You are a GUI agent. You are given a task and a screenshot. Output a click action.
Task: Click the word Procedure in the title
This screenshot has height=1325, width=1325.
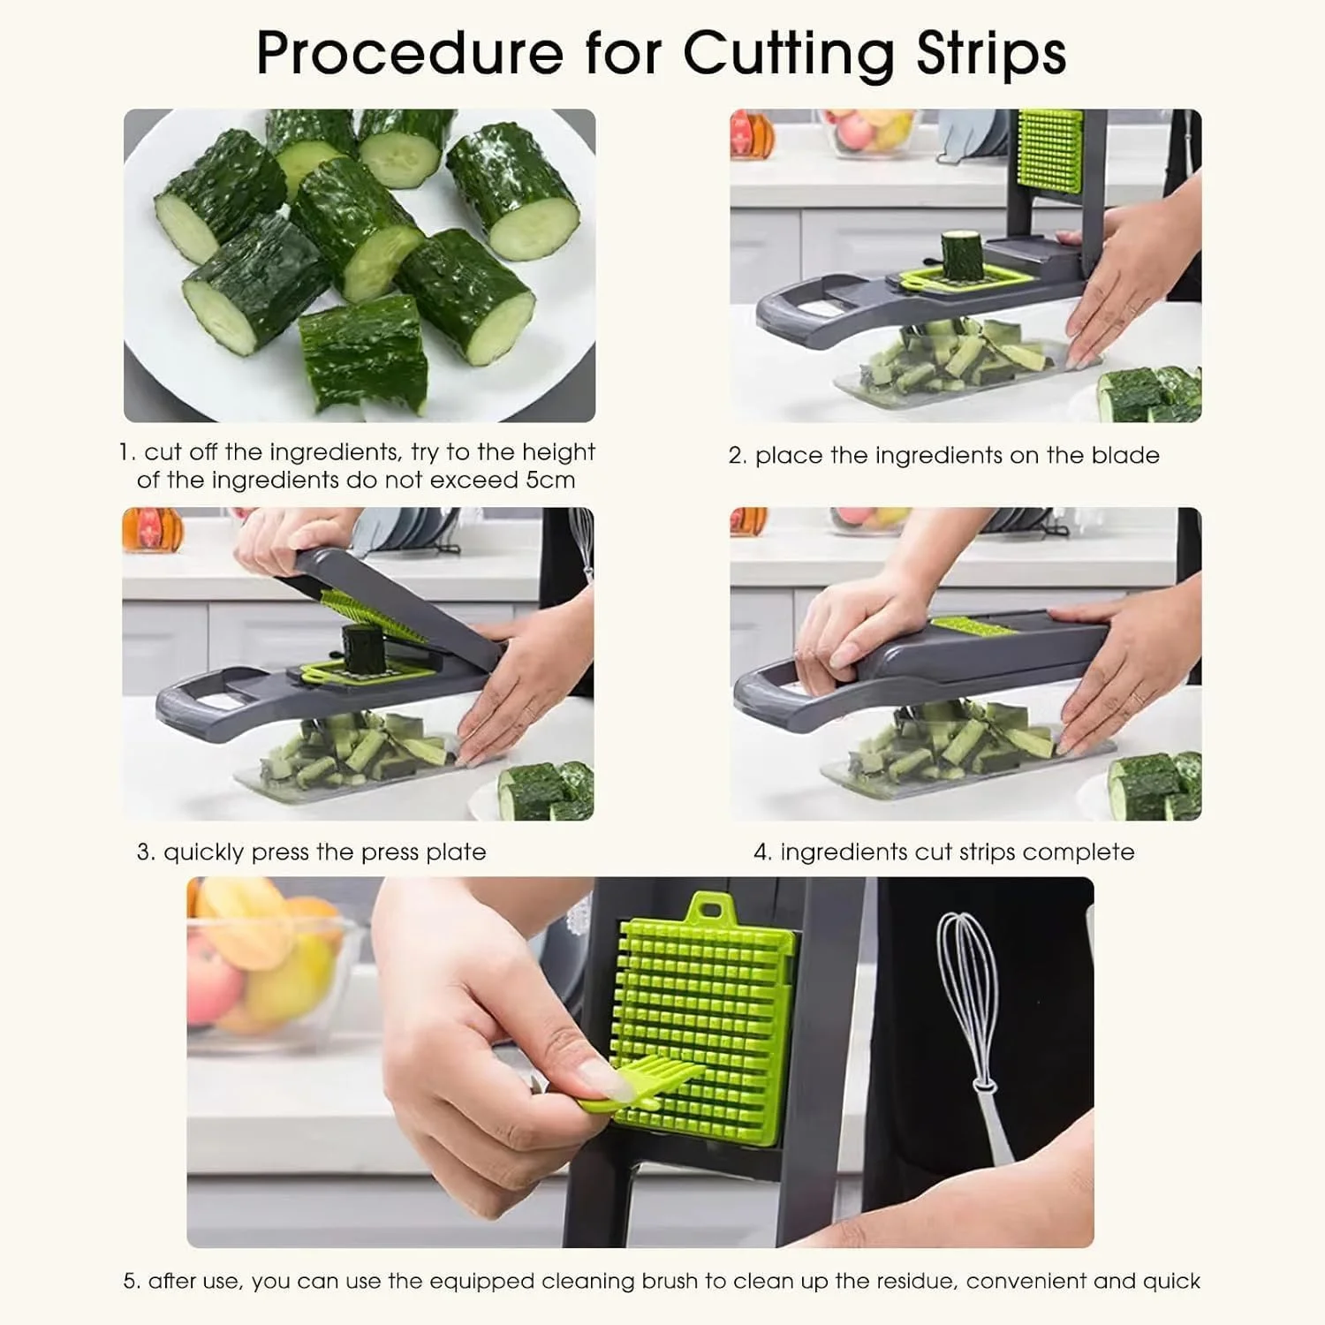(x=409, y=53)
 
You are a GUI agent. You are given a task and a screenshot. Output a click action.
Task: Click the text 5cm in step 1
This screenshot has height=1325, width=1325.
(x=549, y=481)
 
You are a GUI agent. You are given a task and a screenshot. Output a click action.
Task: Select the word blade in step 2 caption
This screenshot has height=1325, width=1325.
(x=1125, y=455)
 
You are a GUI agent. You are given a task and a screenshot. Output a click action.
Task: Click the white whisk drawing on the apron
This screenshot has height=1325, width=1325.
(x=977, y=1033)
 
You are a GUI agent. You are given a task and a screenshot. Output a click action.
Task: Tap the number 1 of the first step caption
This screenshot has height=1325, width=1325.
(x=126, y=453)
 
